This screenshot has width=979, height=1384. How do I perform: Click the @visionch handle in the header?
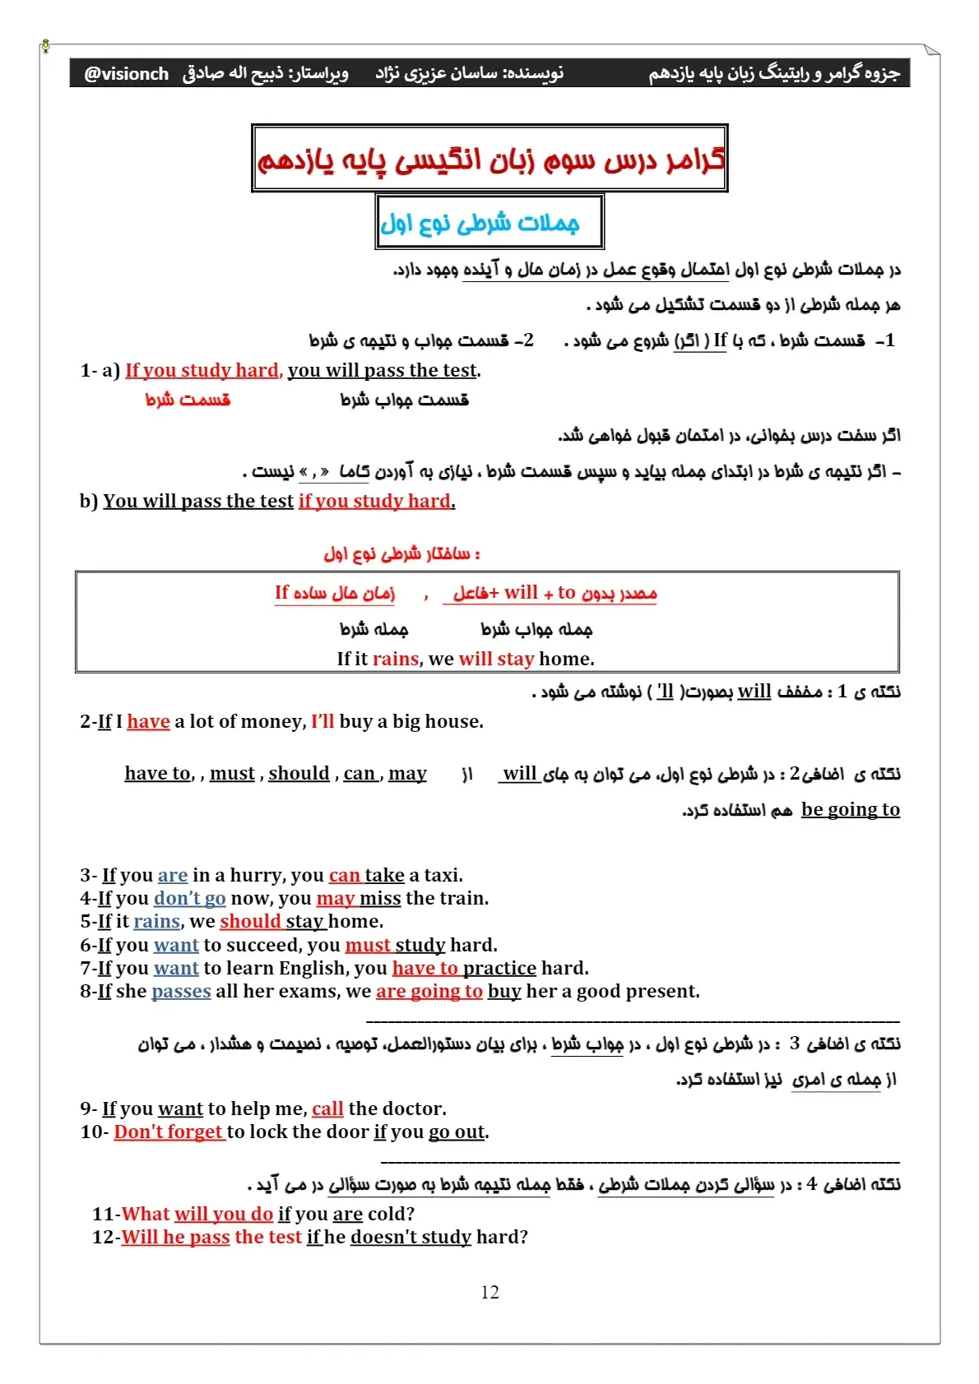[126, 74]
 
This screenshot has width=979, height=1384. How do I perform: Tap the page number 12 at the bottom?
[489, 1292]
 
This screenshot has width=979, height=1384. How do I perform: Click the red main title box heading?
[490, 159]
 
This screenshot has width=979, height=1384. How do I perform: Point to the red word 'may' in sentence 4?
[335, 898]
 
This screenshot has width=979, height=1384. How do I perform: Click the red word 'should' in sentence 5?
[250, 921]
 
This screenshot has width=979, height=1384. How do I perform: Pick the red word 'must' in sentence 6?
[368, 945]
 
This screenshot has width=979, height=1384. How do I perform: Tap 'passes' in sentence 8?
[181, 991]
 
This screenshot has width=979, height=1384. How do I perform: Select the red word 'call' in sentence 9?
[327, 1109]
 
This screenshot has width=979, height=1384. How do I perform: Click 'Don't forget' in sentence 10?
[169, 1132]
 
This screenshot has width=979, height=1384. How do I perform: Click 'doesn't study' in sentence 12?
[411, 1237]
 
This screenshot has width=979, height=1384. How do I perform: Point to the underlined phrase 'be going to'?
[850, 809]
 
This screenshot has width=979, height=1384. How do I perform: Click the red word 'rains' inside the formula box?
[396, 659]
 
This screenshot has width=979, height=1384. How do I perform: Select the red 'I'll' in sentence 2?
[322, 721]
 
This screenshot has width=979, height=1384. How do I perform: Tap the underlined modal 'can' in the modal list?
[360, 773]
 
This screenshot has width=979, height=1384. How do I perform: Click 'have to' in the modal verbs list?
[157, 773]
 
